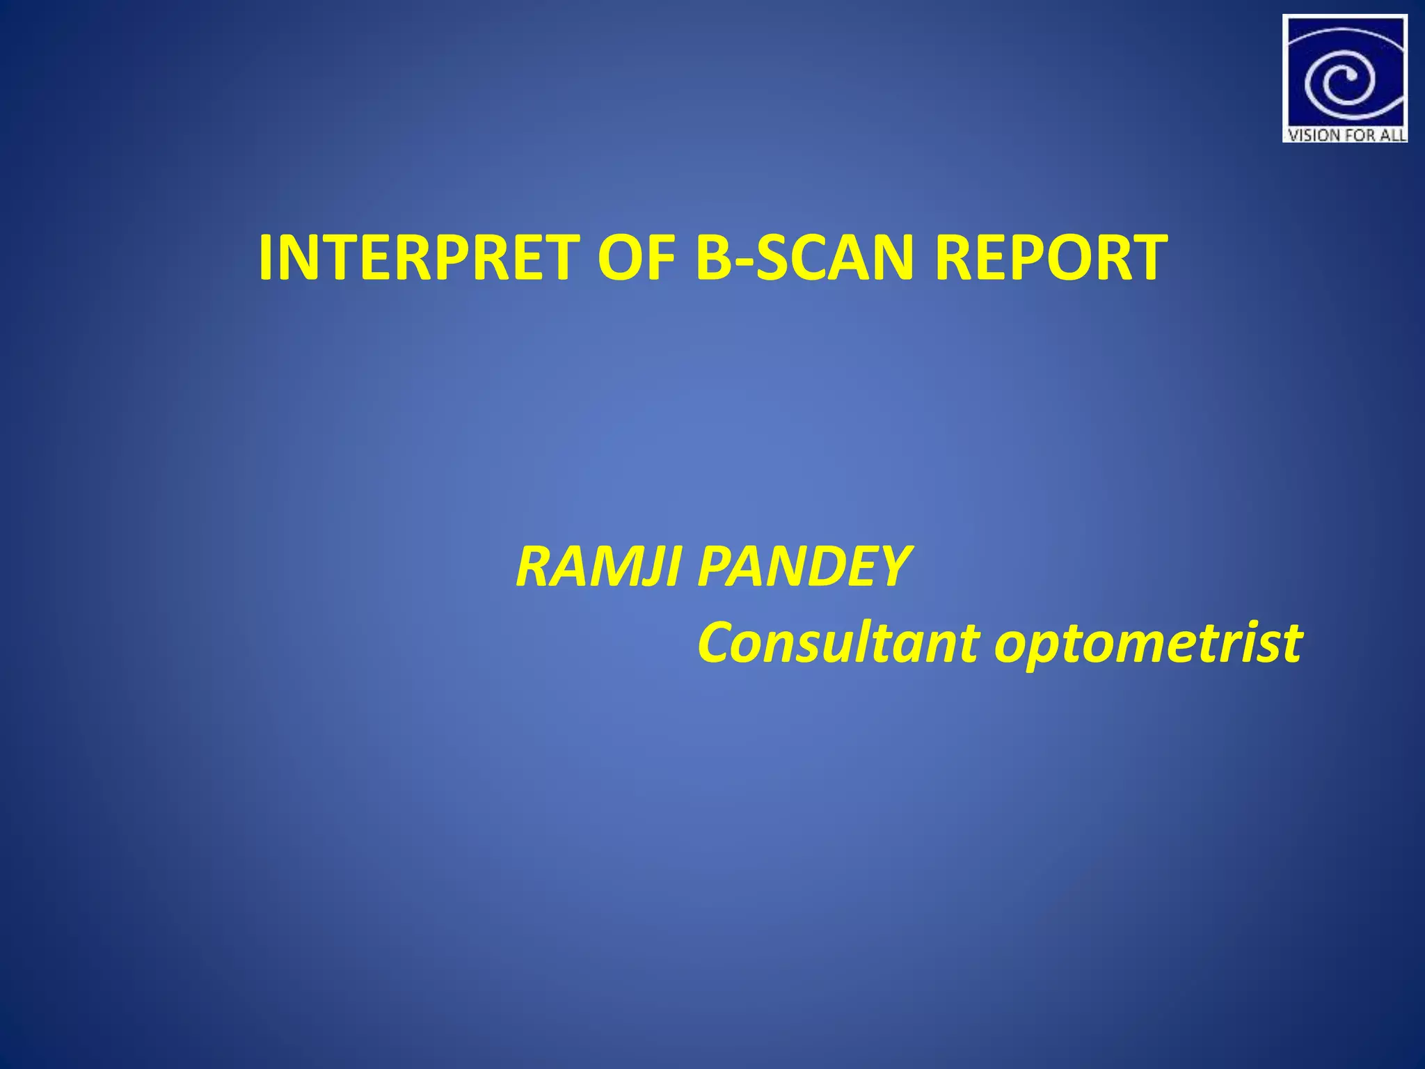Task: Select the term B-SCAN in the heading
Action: coord(806,258)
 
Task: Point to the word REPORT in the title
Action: coord(1051,258)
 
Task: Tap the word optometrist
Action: coord(1148,644)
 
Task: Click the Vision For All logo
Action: coord(1345,79)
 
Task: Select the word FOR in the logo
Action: coord(1356,135)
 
